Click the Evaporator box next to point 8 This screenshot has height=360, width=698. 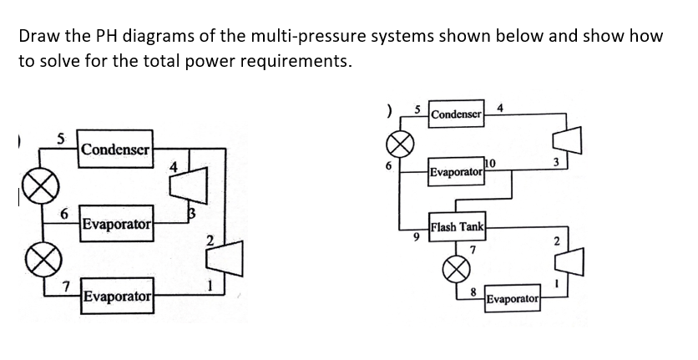point(513,298)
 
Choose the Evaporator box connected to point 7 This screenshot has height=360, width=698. point(115,297)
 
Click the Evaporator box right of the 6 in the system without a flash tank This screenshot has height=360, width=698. point(115,225)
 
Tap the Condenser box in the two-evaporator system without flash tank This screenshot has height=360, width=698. point(115,151)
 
